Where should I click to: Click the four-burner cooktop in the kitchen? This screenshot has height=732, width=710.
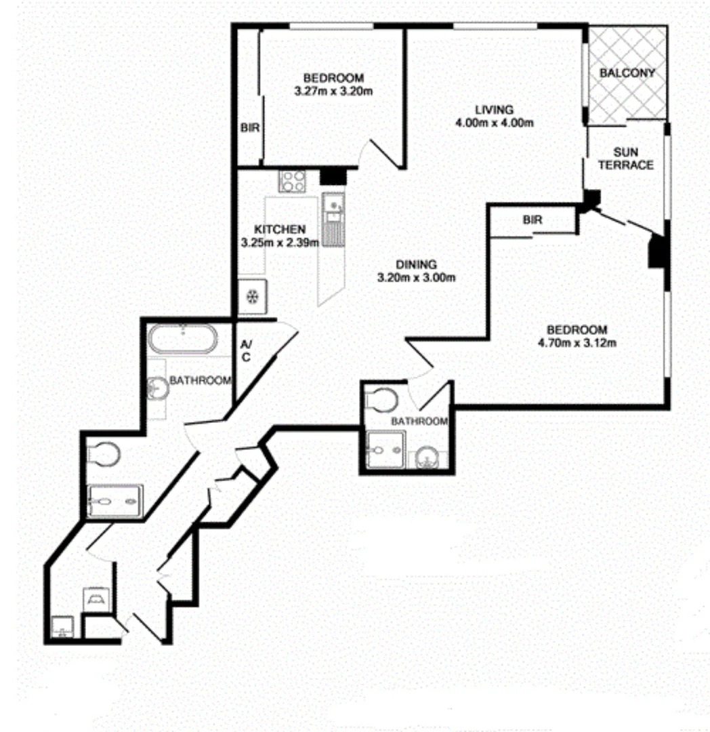coord(293,180)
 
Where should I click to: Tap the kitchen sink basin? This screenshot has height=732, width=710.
coord(333,203)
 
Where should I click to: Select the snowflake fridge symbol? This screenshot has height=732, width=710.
coord(251,297)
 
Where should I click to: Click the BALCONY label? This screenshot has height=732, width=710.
coord(627,73)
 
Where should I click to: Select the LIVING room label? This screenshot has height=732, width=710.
coord(494,110)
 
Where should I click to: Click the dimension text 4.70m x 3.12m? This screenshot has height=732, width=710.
coord(582,342)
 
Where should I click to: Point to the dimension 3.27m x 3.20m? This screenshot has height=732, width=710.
coord(334,91)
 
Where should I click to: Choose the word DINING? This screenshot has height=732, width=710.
coord(417,264)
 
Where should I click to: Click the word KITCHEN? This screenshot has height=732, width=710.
coord(280,229)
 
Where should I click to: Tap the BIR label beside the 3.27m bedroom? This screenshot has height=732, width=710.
coord(250,127)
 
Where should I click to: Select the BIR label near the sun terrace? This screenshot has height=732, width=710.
coord(535,220)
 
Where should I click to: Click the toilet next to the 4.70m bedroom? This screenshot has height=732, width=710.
coord(381,401)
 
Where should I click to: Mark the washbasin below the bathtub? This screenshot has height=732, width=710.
coord(158,388)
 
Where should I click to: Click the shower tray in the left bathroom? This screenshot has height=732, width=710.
coord(115,501)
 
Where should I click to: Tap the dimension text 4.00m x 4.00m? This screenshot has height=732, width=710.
coord(495,123)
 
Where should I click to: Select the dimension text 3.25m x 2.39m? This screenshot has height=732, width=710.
coord(280,242)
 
